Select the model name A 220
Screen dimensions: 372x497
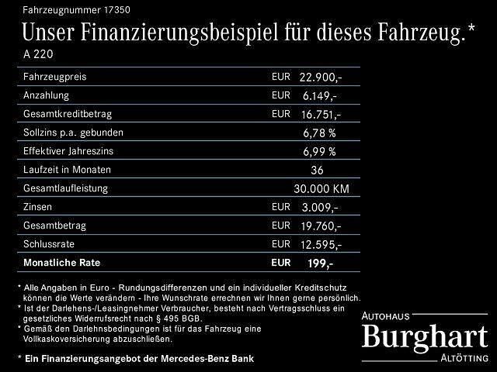point(39,55)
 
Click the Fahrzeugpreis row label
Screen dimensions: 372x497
point(55,77)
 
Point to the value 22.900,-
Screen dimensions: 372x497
point(320,77)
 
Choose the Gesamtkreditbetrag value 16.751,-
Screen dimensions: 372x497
point(320,115)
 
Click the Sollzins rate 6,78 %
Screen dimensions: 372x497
point(319,133)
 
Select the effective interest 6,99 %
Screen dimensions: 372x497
point(319,151)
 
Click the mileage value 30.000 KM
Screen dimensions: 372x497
point(321,188)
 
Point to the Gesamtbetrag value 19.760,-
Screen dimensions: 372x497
point(320,226)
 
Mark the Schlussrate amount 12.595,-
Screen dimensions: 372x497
point(320,244)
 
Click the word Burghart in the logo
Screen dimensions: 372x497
point(426,337)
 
